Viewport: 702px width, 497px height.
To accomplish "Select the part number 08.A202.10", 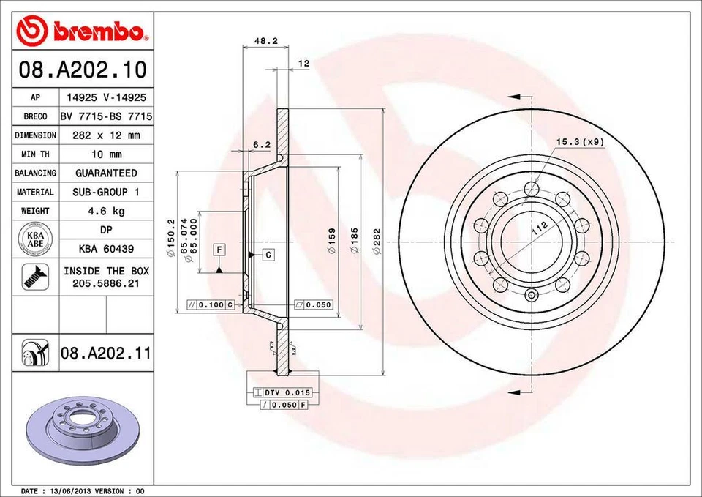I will (82, 71).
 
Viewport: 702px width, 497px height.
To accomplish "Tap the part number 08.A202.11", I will (105, 354).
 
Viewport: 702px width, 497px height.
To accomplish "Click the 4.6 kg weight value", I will (106, 211).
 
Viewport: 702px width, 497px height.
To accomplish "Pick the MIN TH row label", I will (35, 154).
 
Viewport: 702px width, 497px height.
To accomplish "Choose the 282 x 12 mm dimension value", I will (106, 135).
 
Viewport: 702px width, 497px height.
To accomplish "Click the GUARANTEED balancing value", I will (106, 173).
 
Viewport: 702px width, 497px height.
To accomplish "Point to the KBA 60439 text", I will (106, 248).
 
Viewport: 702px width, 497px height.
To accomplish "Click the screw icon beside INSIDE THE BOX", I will (35, 277).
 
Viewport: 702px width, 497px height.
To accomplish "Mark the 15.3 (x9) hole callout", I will (580, 142).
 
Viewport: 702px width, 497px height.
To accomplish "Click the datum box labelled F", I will (219, 250).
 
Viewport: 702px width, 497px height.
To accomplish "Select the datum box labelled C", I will (268, 255).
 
